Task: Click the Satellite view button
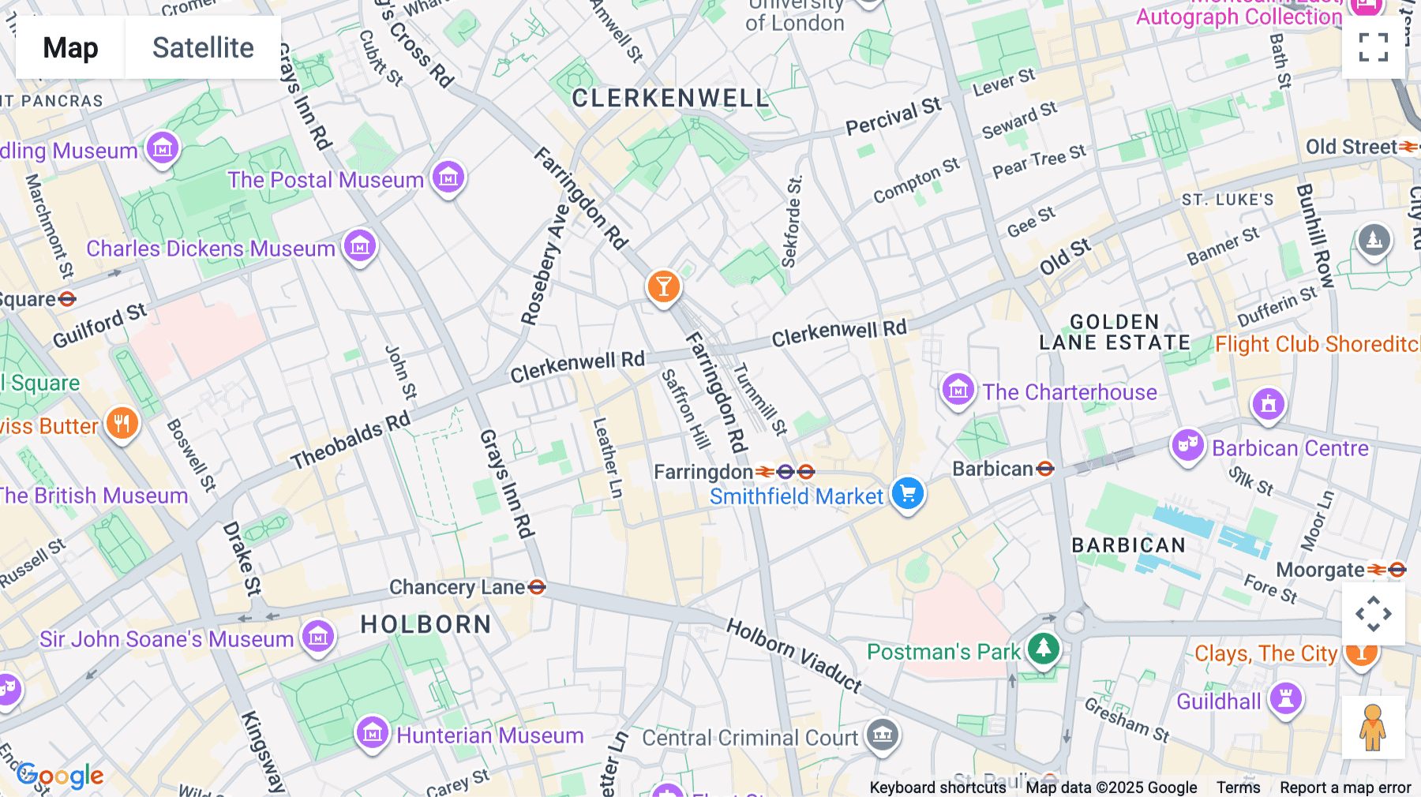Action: tap(203, 47)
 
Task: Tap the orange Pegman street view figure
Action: tap(1373, 728)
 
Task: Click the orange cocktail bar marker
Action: tap(663, 286)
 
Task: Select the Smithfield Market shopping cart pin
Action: tap(908, 494)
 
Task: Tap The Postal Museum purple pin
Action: tap(448, 178)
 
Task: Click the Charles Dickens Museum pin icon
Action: tap(360, 246)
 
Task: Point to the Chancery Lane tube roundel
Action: tap(537, 587)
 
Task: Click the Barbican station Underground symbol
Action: tap(1045, 470)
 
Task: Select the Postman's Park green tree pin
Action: tap(1044, 649)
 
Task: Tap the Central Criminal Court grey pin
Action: tap(883, 735)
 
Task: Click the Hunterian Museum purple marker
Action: tap(373, 734)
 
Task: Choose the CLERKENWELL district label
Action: tap(669, 99)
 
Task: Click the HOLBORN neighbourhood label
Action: tap(426, 625)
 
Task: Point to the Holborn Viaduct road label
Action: tap(793, 654)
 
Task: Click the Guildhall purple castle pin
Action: tap(1286, 699)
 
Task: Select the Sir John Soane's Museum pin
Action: tap(318, 636)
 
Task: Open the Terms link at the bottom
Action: tap(1238, 788)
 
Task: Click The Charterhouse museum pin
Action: tap(958, 390)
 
